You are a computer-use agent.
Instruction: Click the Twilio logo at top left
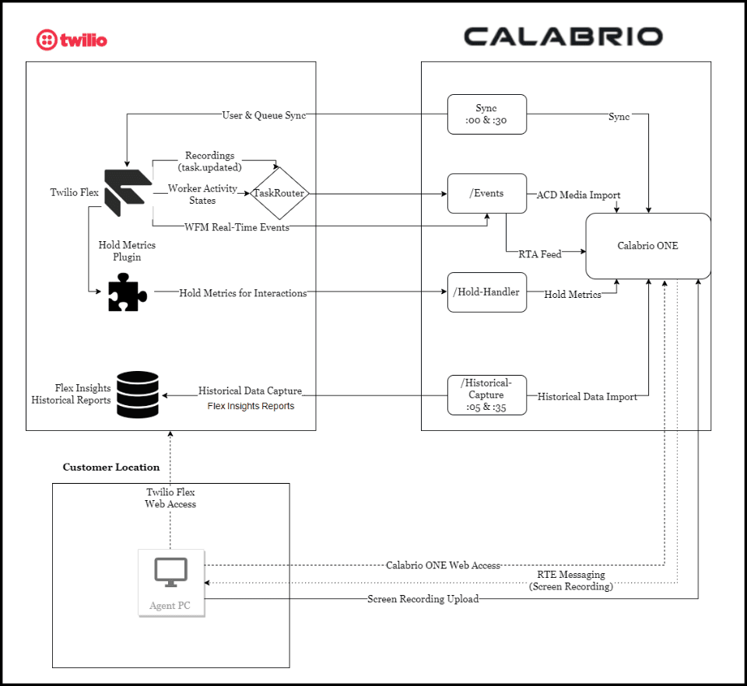tap(72, 39)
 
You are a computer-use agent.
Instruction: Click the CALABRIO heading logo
tap(563, 36)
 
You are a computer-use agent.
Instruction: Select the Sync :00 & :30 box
tap(486, 114)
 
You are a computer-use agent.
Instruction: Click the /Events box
tap(486, 193)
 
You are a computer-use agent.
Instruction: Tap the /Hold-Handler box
tap(486, 292)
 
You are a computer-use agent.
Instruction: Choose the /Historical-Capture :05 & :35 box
tap(486, 394)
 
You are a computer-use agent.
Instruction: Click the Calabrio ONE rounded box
tap(647, 246)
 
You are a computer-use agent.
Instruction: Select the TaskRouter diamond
tap(279, 193)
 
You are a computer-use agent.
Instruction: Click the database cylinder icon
tap(137, 394)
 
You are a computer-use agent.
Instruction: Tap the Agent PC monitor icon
tap(171, 574)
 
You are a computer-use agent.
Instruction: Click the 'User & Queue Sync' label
tap(264, 115)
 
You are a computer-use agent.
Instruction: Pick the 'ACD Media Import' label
tap(578, 194)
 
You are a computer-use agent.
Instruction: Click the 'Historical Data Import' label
tap(587, 397)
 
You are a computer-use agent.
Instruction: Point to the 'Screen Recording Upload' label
tap(423, 599)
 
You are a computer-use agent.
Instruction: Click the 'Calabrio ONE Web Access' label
tap(443, 565)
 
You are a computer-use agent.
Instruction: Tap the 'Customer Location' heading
tap(111, 467)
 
